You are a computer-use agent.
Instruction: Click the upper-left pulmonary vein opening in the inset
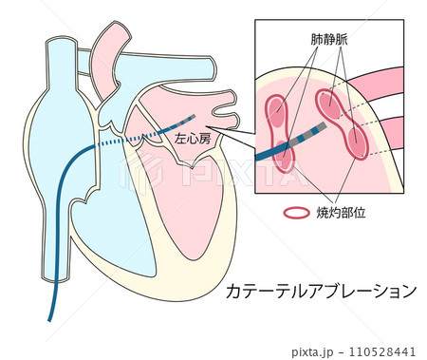pyautogui.click(x=278, y=111)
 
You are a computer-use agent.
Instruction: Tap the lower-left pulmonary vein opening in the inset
pyautogui.click(x=286, y=158)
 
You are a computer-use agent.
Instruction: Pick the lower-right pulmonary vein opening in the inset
pyautogui.click(x=357, y=142)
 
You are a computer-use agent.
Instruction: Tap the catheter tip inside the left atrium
pyautogui.click(x=189, y=121)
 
